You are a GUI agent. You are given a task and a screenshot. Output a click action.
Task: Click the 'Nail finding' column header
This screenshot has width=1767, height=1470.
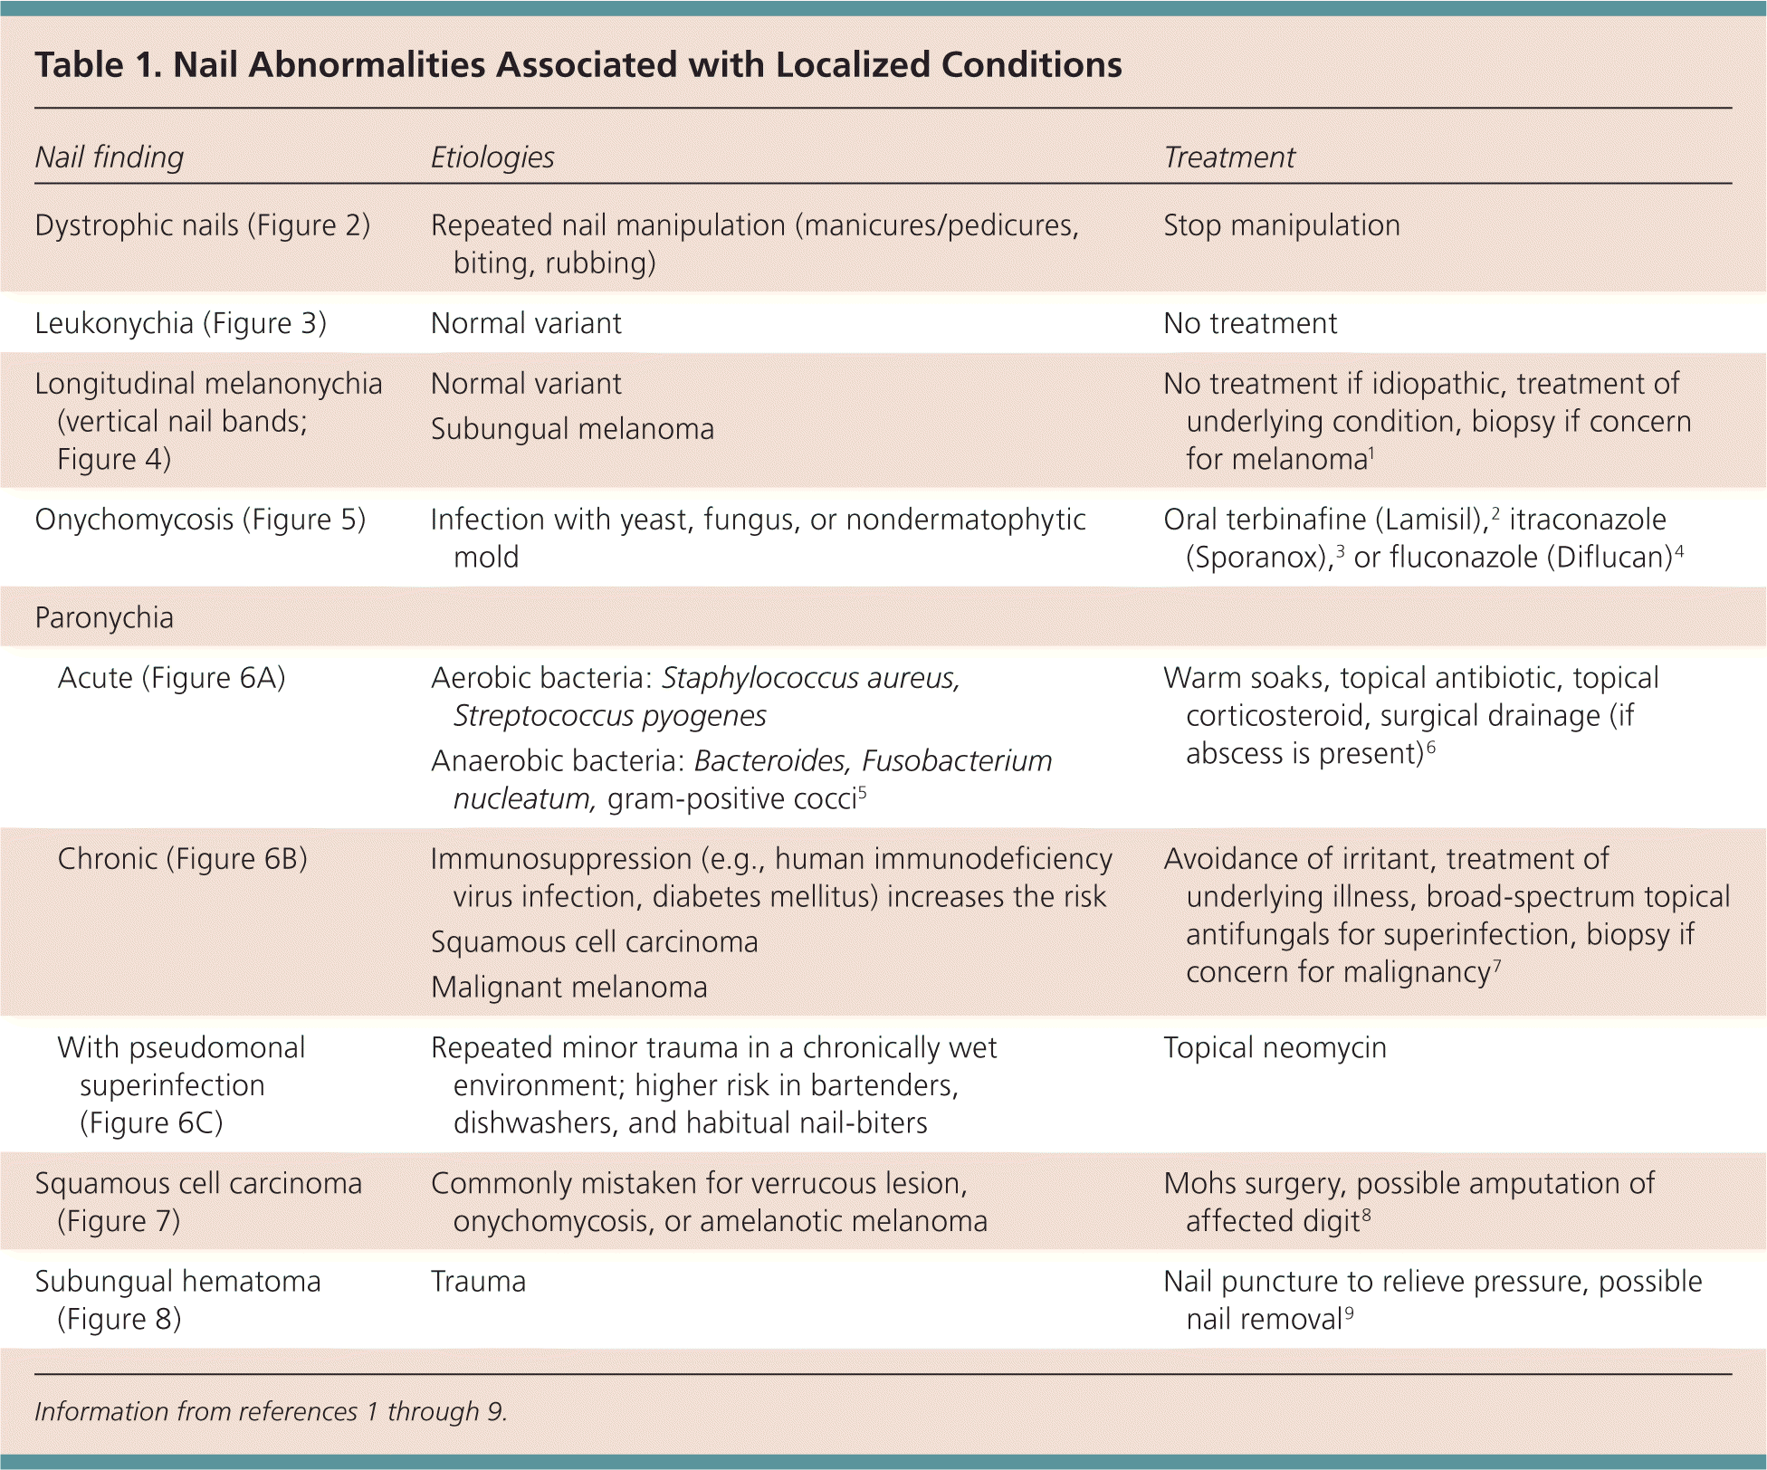pos(109,157)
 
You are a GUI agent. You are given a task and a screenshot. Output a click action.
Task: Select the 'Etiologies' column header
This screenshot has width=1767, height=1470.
pos(492,157)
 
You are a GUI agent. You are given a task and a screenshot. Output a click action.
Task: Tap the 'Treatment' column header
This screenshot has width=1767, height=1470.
pos(1228,157)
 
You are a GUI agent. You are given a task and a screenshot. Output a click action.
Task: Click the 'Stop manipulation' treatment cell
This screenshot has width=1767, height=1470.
pos(1281,225)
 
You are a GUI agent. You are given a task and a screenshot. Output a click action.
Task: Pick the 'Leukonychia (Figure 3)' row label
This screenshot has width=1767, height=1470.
pos(180,323)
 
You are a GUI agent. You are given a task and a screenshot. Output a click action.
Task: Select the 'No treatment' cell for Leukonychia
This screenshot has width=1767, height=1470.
pos(1249,323)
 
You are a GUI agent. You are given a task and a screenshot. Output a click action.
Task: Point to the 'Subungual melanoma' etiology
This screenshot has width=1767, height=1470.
pos(572,429)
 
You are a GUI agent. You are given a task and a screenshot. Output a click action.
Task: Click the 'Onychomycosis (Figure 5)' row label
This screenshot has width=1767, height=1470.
pos(200,520)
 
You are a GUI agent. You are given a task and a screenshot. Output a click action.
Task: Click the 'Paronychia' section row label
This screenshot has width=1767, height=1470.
pos(104,617)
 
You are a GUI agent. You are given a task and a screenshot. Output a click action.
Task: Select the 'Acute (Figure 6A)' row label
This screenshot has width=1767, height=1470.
pos(171,678)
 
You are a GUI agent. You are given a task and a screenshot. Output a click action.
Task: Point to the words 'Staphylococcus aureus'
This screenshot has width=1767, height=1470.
pos(810,678)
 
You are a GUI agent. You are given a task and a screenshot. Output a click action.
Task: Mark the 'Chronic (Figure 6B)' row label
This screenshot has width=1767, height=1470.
pos(182,859)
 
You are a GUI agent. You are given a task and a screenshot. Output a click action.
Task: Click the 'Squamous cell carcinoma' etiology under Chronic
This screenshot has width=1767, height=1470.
pos(594,942)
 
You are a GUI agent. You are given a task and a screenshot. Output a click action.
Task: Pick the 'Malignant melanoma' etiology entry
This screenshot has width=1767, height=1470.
pos(568,988)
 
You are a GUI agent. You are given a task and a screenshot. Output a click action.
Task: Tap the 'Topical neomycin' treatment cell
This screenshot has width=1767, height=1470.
pos(1275,1048)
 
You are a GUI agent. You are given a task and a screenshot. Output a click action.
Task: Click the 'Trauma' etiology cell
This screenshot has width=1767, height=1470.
pos(478,1282)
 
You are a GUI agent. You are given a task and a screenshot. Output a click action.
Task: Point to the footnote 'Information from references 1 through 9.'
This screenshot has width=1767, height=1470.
pos(271,1412)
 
